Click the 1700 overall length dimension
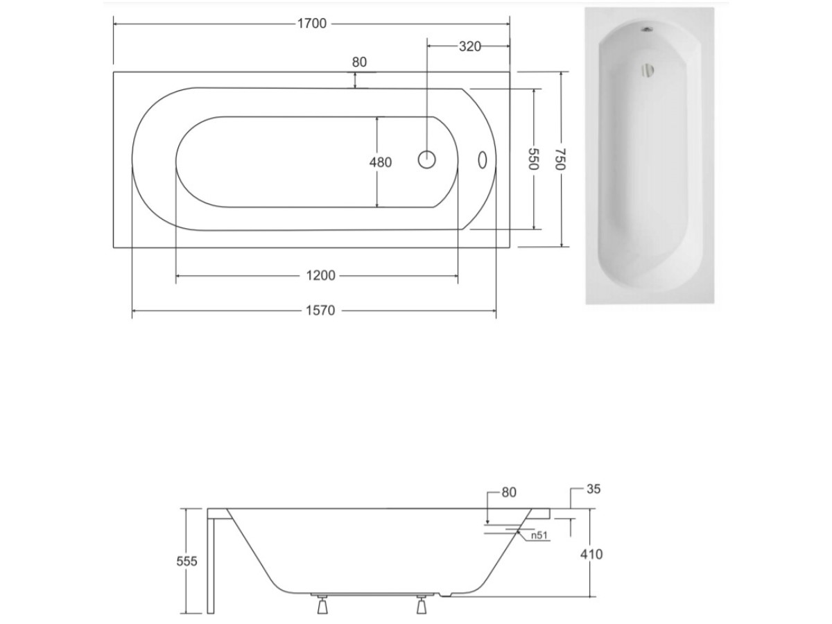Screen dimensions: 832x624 pyautogui.click(x=311, y=24)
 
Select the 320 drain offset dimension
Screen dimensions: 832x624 pyautogui.click(x=469, y=46)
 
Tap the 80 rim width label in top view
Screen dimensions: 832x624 pyautogui.click(x=359, y=62)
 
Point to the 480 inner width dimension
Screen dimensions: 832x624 pyautogui.click(x=381, y=162)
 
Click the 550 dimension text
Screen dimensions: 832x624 pyautogui.click(x=533, y=159)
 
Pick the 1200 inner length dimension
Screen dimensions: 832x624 pyautogui.click(x=321, y=275)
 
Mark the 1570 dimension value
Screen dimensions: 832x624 pyautogui.click(x=320, y=311)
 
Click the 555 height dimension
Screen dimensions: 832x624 pyautogui.click(x=187, y=561)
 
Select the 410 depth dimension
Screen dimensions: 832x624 pyautogui.click(x=591, y=554)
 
